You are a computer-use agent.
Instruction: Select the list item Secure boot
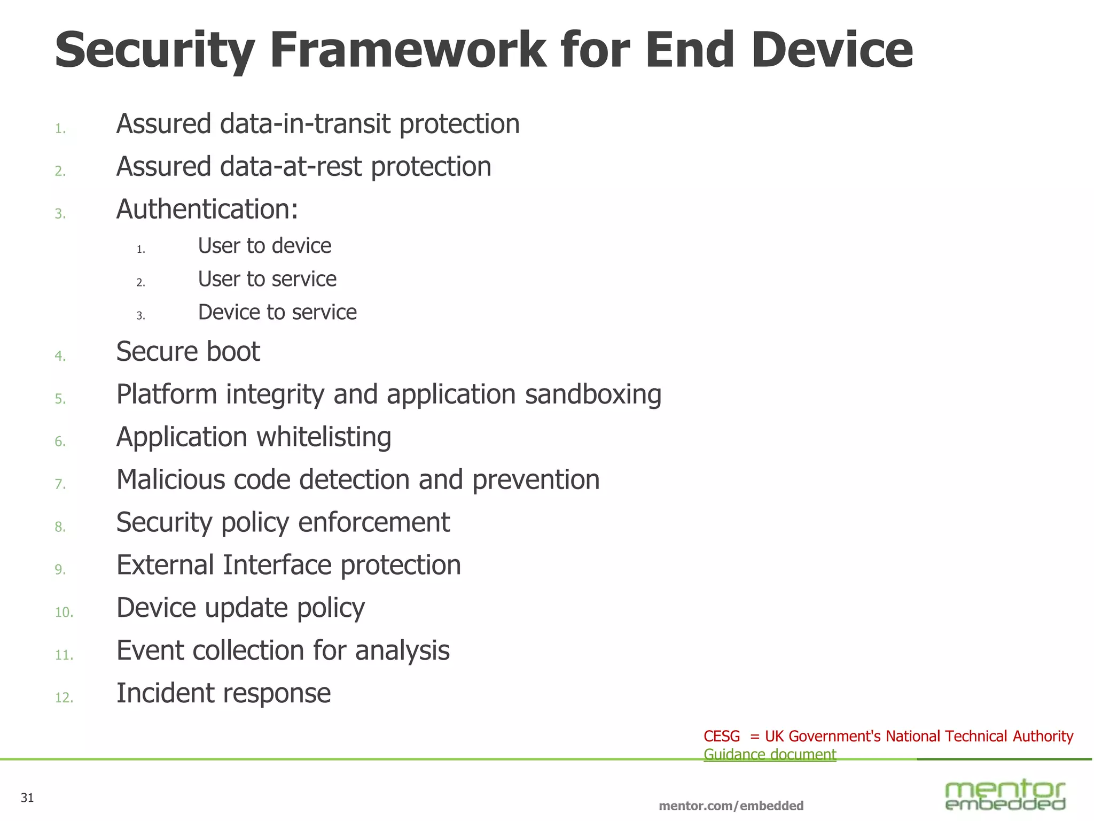(188, 352)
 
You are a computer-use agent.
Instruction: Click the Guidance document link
(769, 755)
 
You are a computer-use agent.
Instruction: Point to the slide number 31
(27, 798)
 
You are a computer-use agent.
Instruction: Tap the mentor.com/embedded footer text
(731, 805)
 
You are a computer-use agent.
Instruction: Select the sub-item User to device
(264, 246)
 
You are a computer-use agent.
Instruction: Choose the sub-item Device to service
(277, 312)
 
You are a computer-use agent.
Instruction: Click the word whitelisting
(324, 437)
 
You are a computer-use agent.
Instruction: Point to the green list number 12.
(64, 698)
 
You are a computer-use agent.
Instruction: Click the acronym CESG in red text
(722, 737)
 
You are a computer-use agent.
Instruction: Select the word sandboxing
(593, 394)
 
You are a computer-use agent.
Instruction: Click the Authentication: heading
(207, 209)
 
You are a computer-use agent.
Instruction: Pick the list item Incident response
(223, 693)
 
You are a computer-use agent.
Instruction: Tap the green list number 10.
(64, 612)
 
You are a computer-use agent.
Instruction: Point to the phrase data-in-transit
(306, 124)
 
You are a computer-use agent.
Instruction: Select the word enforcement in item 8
(374, 522)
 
